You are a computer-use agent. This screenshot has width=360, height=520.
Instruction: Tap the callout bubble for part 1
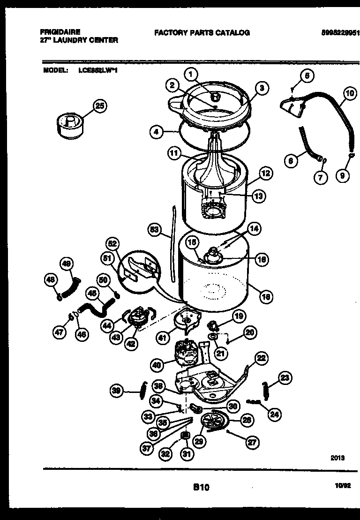coord(191,74)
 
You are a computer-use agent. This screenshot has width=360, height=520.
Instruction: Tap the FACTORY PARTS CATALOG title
coord(202,32)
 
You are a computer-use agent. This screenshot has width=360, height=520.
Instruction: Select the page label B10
coord(201,488)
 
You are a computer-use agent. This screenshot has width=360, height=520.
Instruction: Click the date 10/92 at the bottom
coord(343,488)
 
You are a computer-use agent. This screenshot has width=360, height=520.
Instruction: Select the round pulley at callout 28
coord(214,420)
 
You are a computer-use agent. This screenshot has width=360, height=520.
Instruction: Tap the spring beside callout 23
coord(266,390)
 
